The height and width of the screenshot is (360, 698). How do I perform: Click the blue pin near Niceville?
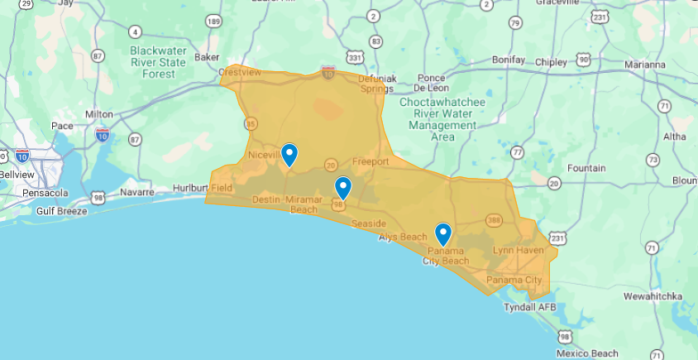point(289,154)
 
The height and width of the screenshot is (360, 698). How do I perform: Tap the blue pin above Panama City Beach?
point(443,234)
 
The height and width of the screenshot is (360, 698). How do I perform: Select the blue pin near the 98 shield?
point(342,188)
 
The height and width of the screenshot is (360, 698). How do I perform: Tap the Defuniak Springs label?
point(377,84)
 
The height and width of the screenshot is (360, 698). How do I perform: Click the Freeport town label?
point(370,161)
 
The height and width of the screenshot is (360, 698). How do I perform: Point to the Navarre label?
point(138,192)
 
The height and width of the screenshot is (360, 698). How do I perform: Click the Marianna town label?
point(644,65)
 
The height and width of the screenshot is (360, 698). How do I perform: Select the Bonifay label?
point(508,60)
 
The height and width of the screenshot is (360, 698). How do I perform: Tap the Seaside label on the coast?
point(368,224)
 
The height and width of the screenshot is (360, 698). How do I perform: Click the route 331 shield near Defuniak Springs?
point(355,57)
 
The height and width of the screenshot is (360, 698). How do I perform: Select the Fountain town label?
point(586,168)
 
